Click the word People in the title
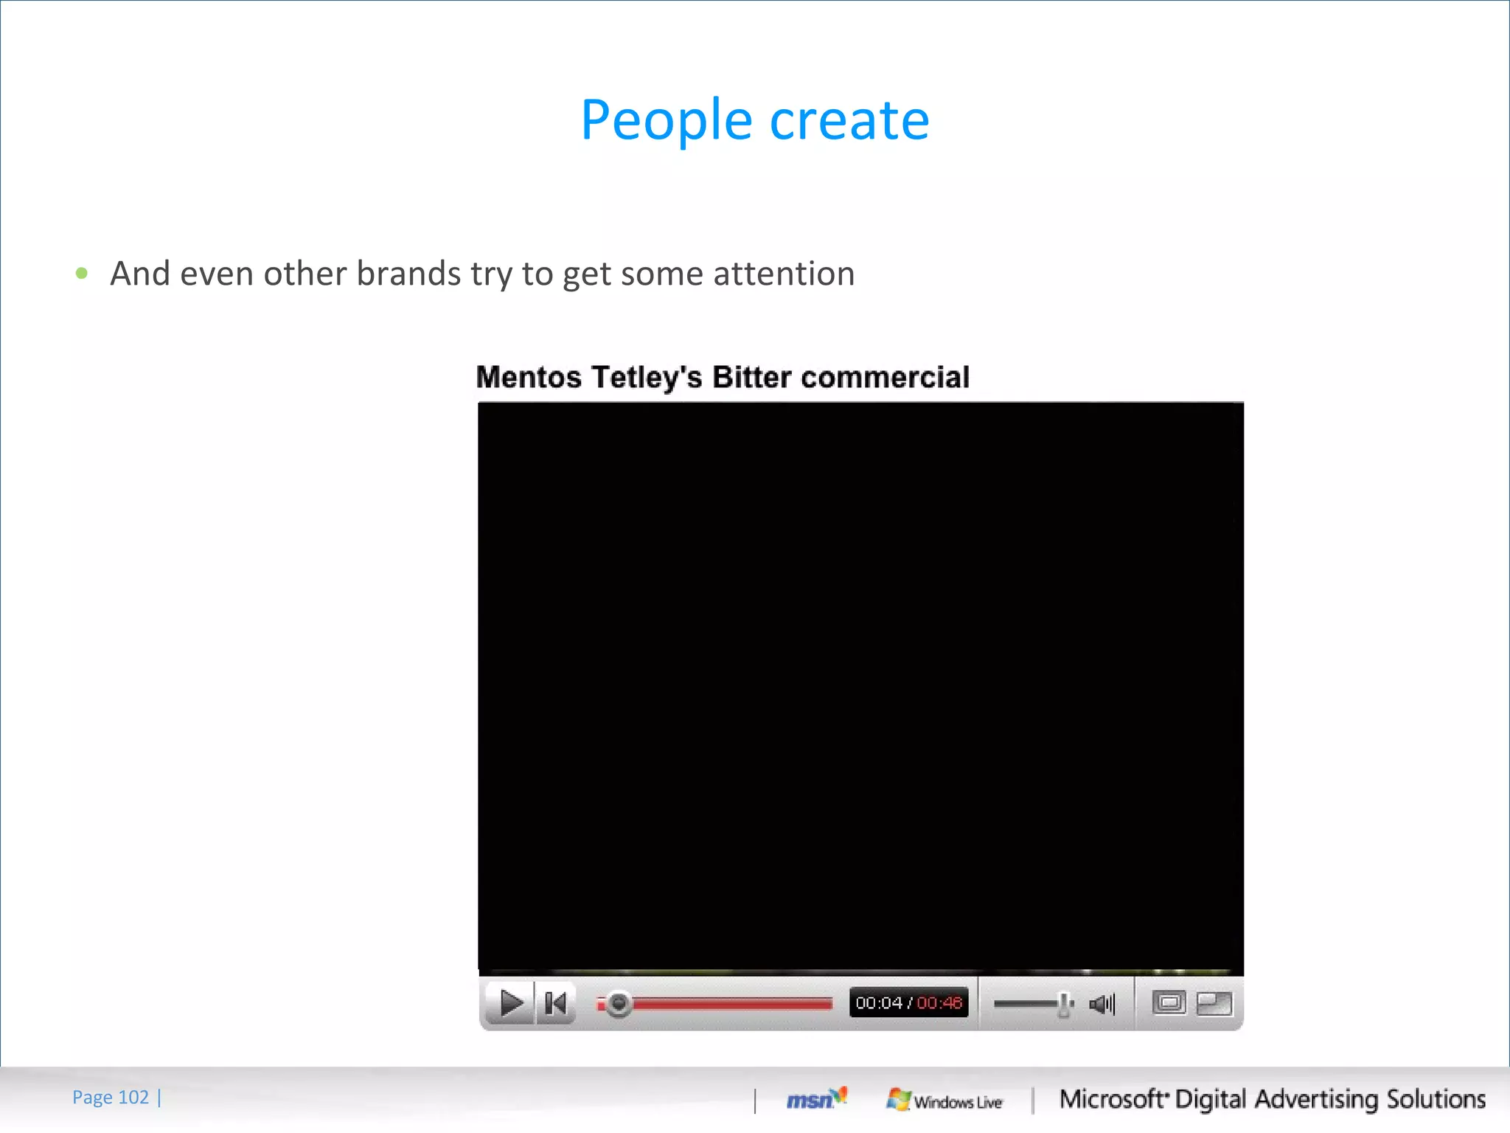(666, 120)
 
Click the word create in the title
(849, 120)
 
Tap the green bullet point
(82, 274)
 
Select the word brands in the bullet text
(408, 274)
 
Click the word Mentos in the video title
(529, 377)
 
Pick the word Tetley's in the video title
(647, 377)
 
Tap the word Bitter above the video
(751, 377)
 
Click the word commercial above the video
(885, 377)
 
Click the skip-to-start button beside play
(555, 1003)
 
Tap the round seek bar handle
(619, 1003)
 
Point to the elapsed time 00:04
(879, 1003)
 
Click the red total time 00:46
(939, 1003)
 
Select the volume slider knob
(1063, 1004)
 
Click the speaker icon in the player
(1102, 1004)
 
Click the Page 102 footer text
(111, 1098)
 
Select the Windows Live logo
(945, 1101)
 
